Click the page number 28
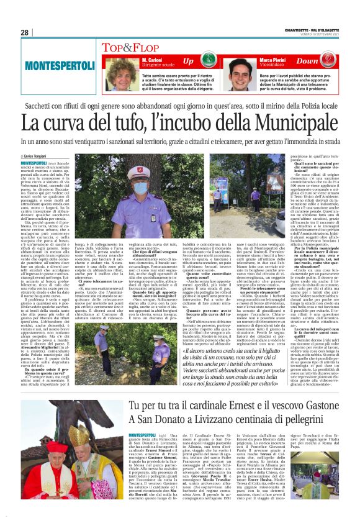(x=24, y=32)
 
